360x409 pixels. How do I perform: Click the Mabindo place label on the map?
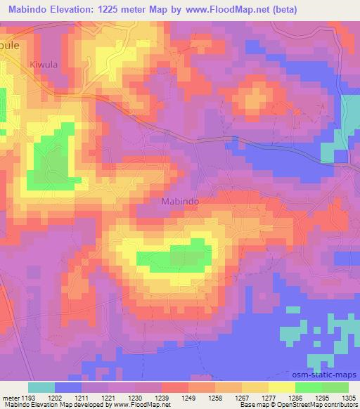(x=180, y=201)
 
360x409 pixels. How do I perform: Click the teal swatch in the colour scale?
(x=41, y=387)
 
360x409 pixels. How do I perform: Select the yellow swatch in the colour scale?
(x=281, y=387)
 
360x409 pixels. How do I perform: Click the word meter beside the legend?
(x=11, y=397)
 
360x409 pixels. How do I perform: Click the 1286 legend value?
(x=295, y=397)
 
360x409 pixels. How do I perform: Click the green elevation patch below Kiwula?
(x=49, y=158)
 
